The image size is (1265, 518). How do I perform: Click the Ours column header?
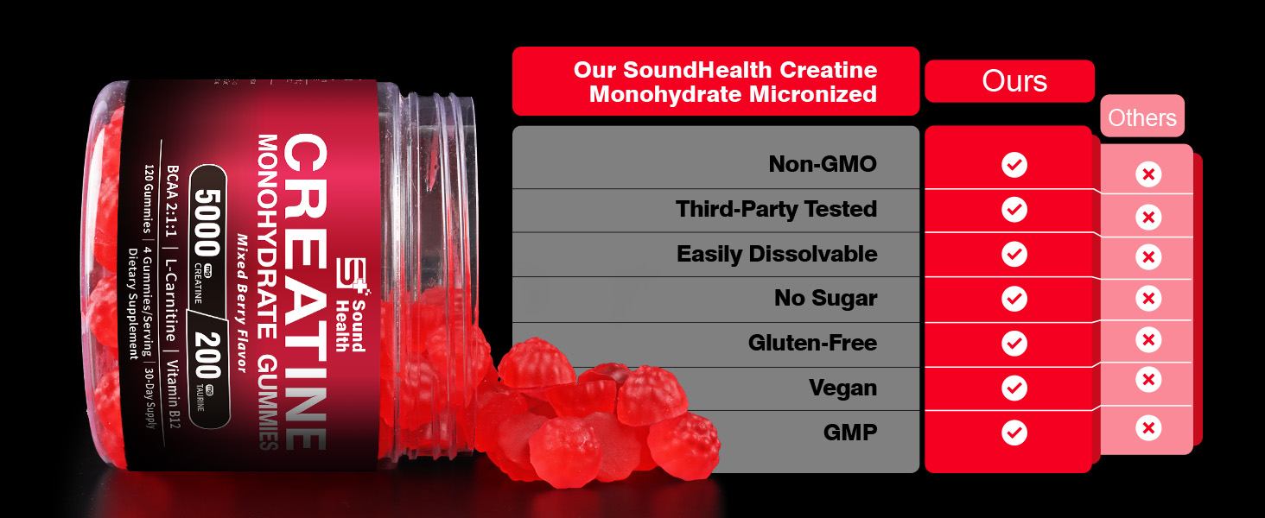pyautogui.click(x=1014, y=80)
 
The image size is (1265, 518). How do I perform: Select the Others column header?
pyautogui.click(x=1142, y=117)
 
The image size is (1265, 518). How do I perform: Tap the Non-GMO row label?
pyautogui.click(x=823, y=164)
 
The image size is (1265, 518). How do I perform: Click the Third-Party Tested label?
pyautogui.click(x=777, y=209)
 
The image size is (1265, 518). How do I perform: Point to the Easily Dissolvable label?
pyautogui.click(x=777, y=254)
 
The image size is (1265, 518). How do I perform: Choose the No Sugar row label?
pyautogui.click(x=826, y=298)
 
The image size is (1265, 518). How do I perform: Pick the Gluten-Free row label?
pyautogui.click(x=812, y=343)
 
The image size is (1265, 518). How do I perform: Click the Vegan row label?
pyautogui.click(x=843, y=388)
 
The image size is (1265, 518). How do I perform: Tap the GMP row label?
pyautogui.click(x=850, y=433)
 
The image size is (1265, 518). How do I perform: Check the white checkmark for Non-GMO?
pyautogui.click(x=1014, y=165)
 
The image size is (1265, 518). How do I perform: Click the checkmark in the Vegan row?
pyautogui.click(x=1014, y=388)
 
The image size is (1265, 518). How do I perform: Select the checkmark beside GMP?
pyautogui.click(x=1014, y=433)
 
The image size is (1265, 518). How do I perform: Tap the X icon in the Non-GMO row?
pyautogui.click(x=1148, y=174)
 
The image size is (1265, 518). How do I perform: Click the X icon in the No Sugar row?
pyautogui.click(x=1148, y=298)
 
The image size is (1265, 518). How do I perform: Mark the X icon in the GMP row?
pyautogui.click(x=1148, y=428)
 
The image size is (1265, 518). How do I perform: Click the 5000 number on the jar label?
pyautogui.click(x=207, y=222)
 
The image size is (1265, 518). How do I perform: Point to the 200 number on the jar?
pyautogui.click(x=207, y=355)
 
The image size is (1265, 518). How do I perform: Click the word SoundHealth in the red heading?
pyautogui.click(x=697, y=70)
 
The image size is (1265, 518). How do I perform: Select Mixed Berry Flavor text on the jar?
pyautogui.click(x=242, y=303)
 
